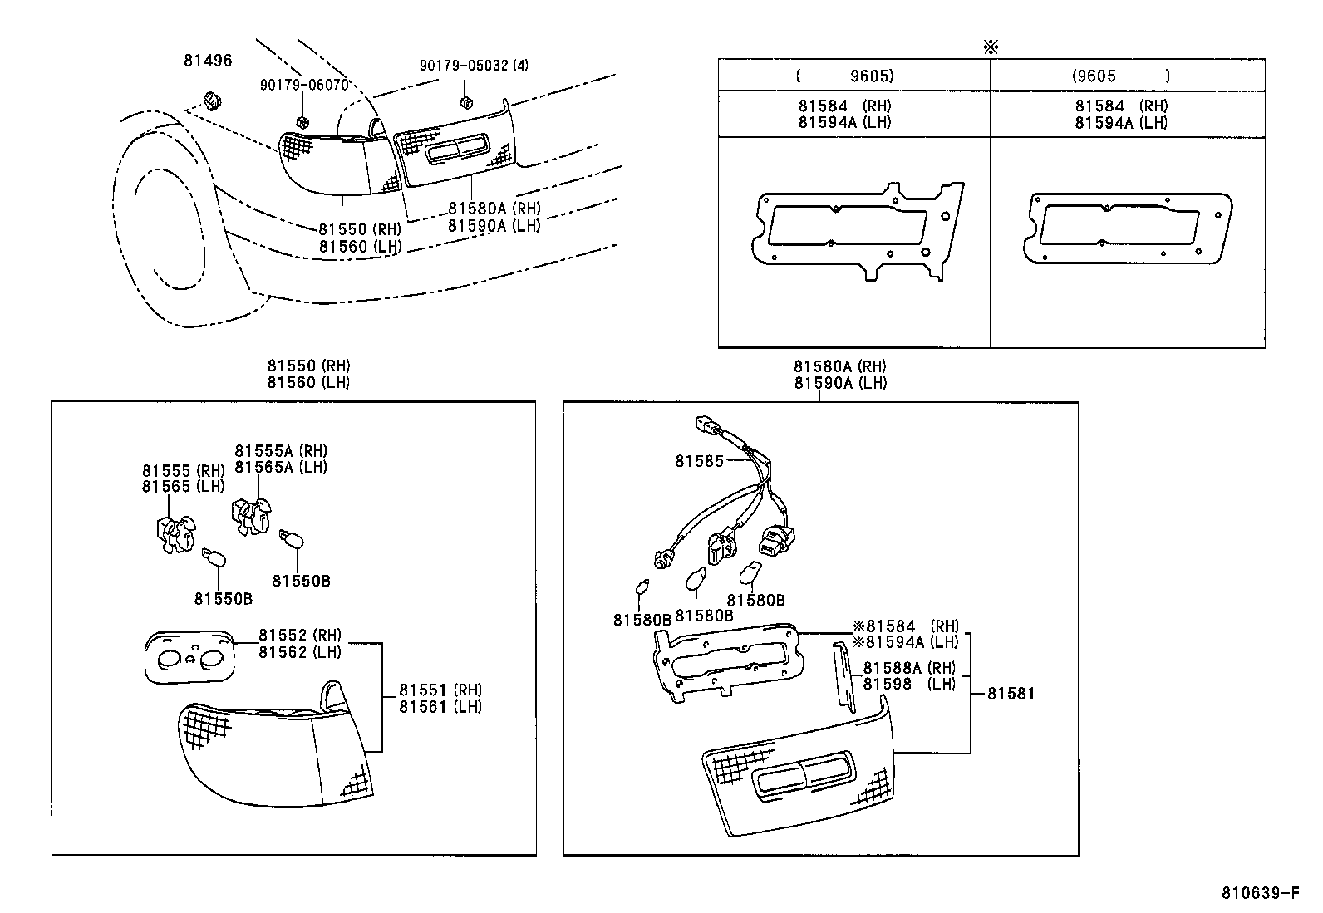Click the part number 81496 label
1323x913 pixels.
click(208, 61)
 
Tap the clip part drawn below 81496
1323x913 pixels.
click(214, 101)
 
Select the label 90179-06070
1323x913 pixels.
click(303, 85)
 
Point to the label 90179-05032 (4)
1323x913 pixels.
click(474, 65)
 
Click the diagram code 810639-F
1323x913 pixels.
click(1260, 893)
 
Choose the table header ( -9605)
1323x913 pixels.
click(844, 76)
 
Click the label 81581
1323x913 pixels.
click(1011, 693)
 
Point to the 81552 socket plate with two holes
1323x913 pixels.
click(189, 657)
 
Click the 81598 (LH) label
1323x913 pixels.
click(908, 684)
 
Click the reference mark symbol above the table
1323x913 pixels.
click(990, 47)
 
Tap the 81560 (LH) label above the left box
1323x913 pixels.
click(308, 382)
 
